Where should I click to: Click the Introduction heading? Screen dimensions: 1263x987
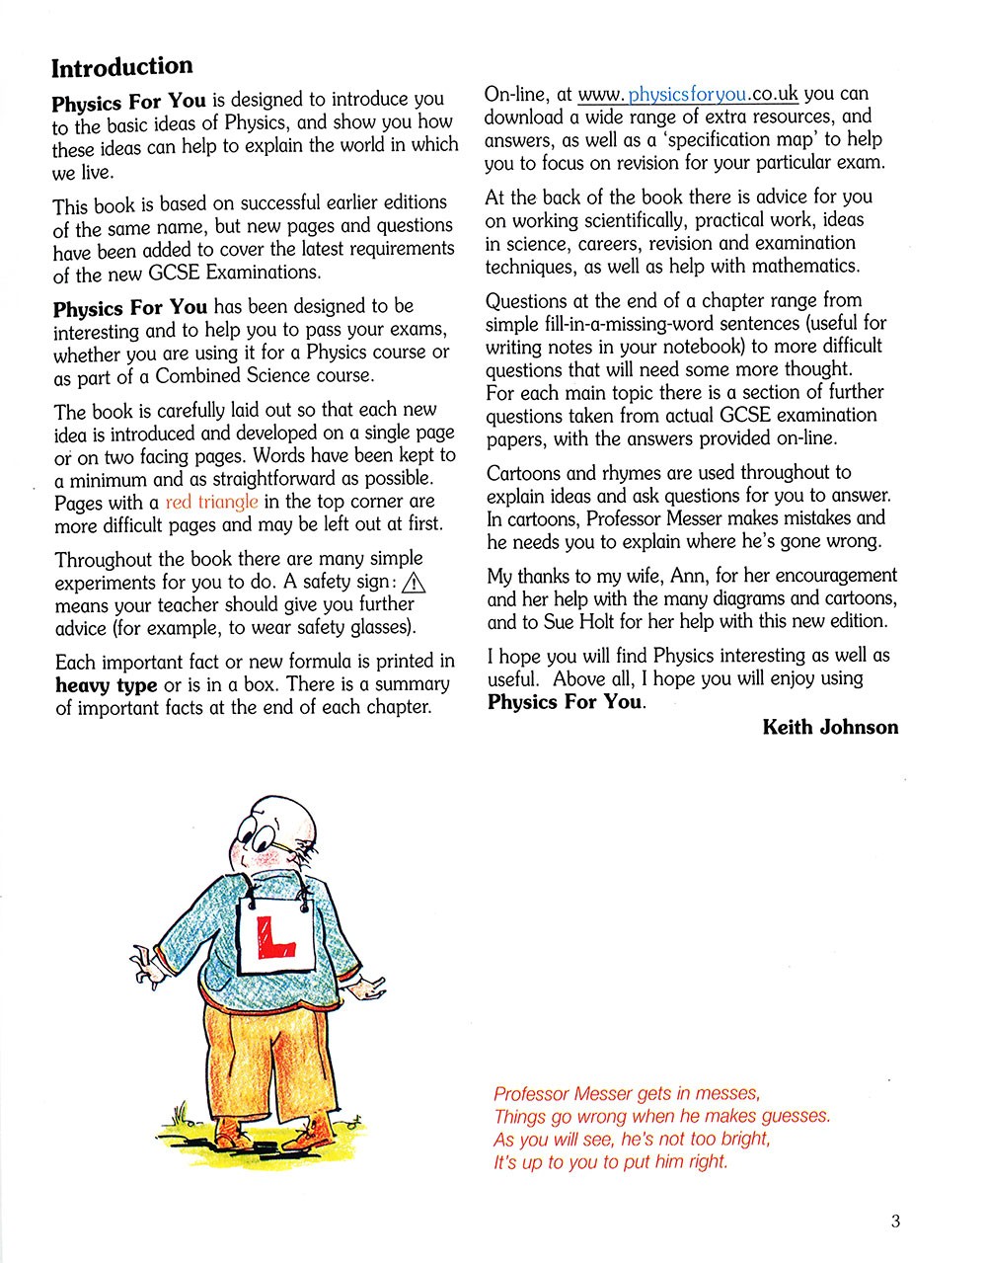click(121, 67)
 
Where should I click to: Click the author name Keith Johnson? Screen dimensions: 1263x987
click(830, 728)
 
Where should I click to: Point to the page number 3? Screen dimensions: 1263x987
click(895, 1222)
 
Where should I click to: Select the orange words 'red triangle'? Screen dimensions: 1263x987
click(211, 502)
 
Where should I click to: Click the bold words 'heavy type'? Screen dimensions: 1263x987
click(106, 685)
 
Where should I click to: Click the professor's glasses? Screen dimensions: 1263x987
click(263, 837)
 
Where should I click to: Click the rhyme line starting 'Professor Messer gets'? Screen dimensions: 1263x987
click(627, 1094)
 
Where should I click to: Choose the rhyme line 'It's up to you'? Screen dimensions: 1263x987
click(610, 1162)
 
